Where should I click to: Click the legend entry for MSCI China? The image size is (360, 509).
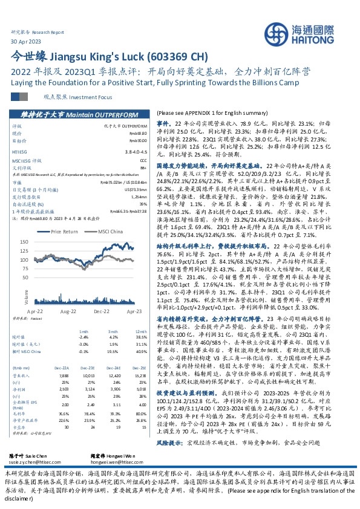click(112, 232)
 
